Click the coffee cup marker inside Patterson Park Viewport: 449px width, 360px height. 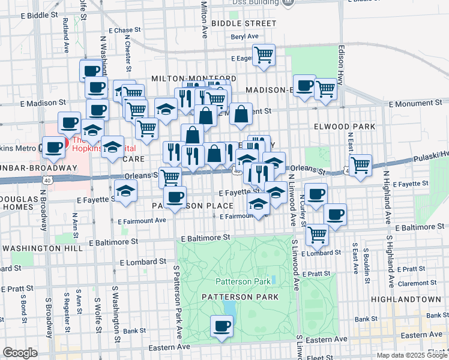221,327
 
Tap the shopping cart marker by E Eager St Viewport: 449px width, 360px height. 264,55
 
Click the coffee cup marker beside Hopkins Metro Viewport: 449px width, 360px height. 53,147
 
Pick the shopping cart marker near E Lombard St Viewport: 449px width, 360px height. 317,234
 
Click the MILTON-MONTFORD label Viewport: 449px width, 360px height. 185,79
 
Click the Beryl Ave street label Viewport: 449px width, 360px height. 244,37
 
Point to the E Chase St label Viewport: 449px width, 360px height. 124,29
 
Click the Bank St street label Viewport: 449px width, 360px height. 134,331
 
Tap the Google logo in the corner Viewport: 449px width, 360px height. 20,353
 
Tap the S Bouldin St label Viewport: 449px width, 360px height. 365,259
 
